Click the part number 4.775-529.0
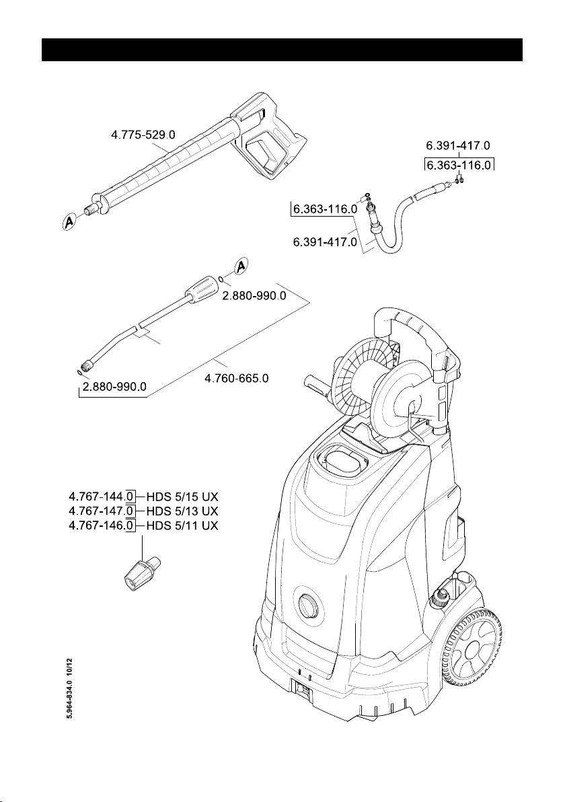click(x=143, y=135)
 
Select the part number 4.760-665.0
click(x=236, y=379)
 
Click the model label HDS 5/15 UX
click(x=182, y=497)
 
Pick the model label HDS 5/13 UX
click(x=182, y=511)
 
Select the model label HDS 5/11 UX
click(x=182, y=524)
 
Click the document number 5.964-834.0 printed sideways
click(x=69, y=693)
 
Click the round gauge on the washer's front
click(x=309, y=606)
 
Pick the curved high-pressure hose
click(x=397, y=222)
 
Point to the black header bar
click(x=282, y=50)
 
